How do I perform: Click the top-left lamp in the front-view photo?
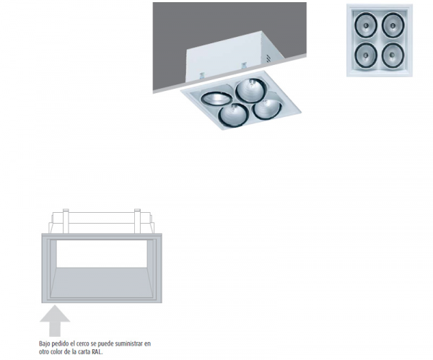[366, 25]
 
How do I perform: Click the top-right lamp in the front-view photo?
[393, 25]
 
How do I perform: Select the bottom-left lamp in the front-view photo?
[366, 55]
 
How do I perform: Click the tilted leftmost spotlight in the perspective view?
[216, 98]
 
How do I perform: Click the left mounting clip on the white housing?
[202, 75]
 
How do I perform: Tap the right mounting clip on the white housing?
[244, 66]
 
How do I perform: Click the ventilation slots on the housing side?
[268, 58]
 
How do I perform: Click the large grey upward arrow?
[55, 321]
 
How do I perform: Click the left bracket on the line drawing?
[65, 221]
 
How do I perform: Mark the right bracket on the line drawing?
[137, 221]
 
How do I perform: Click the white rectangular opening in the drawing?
[101, 254]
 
